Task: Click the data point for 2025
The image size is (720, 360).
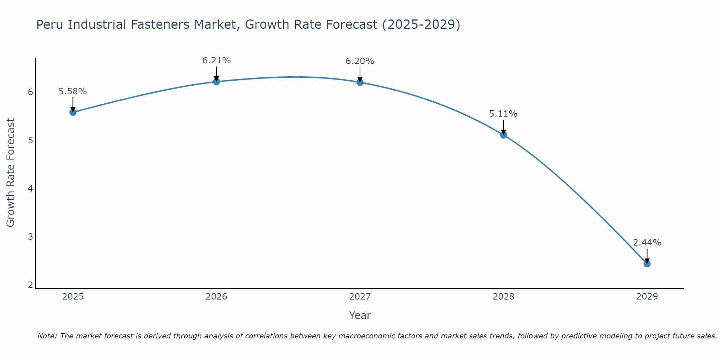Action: (x=73, y=112)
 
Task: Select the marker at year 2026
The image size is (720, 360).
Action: (x=216, y=82)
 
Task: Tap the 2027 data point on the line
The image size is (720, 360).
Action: (x=360, y=82)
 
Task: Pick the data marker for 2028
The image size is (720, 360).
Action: (x=504, y=135)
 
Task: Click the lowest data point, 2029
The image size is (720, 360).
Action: (x=647, y=264)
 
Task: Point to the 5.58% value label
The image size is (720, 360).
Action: (x=73, y=91)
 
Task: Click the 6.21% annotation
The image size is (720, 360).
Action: (x=216, y=60)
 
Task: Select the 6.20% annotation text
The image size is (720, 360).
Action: (x=360, y=61)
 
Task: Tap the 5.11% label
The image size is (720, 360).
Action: (x=503, y=114)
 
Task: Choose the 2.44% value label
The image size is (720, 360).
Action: (x=647, y=243)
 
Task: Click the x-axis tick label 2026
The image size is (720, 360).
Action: (x=216, y=297)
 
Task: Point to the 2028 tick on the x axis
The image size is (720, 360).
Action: (x=504, y=297)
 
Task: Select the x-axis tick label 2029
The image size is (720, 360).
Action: (x=647, y=297)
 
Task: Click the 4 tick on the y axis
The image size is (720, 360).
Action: (x=30, y=189)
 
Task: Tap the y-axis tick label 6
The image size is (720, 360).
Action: (x=30, y=92)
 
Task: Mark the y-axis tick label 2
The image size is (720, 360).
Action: (x=30, y=285)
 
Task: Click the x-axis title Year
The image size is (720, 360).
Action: (x=360, y=315)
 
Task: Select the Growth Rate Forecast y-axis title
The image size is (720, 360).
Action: (x=11, y=172)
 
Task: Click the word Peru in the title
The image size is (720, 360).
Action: (x=50, y=25)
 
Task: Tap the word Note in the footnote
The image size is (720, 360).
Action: (x=47, y=336)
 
